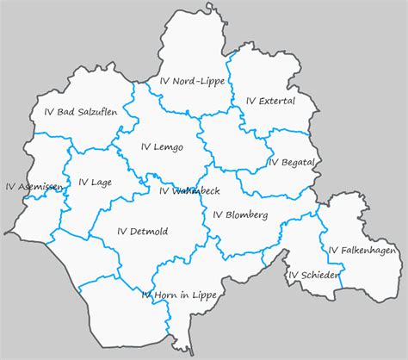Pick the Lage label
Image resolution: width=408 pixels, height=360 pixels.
coord(95,182)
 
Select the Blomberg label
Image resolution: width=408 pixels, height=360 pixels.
coord(240,214)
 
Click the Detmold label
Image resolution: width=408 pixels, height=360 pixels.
coord(142,231)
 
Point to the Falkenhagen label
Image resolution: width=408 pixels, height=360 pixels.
coord(362,250)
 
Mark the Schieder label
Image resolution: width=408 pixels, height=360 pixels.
coord(314,276)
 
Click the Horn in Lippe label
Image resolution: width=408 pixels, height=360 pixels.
coord(179,295)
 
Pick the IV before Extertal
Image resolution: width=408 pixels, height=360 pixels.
coord(250,101)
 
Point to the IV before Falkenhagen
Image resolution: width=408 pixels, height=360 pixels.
coord(332,250)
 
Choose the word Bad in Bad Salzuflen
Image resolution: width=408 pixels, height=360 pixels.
coord(65,112)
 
